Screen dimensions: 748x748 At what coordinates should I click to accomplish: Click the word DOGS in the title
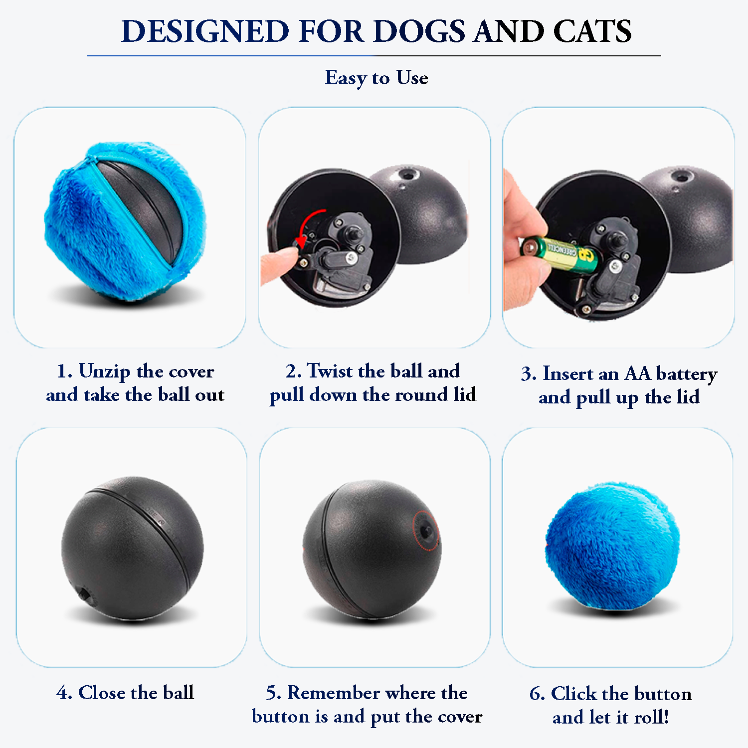[419, 31]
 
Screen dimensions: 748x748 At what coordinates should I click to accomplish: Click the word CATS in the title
[592, 31]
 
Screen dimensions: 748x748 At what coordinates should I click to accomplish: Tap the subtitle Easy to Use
[376, 78]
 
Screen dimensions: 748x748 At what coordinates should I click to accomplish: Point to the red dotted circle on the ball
[427, 531]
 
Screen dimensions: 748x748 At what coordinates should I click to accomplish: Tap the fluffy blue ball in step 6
[612, 547]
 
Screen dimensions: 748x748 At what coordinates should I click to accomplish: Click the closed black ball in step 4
[132, 548]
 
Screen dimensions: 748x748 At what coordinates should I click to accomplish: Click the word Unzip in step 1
[104, 372]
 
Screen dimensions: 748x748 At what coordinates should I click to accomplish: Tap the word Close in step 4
[103, 693]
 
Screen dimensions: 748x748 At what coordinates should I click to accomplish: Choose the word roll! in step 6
[651, 717]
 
